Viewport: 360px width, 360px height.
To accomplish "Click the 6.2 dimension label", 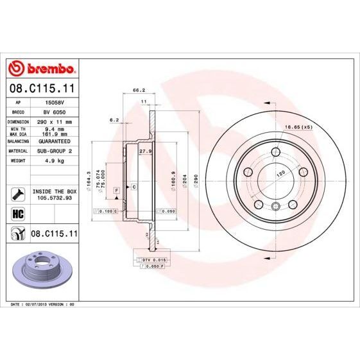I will coord(115,119).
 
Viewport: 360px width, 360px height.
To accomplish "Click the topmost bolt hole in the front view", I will coord(275,152).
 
